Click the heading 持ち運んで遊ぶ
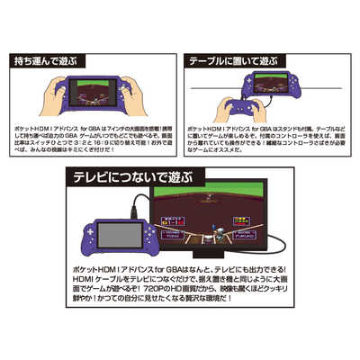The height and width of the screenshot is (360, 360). pyautogui.click(x=52, y=61)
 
